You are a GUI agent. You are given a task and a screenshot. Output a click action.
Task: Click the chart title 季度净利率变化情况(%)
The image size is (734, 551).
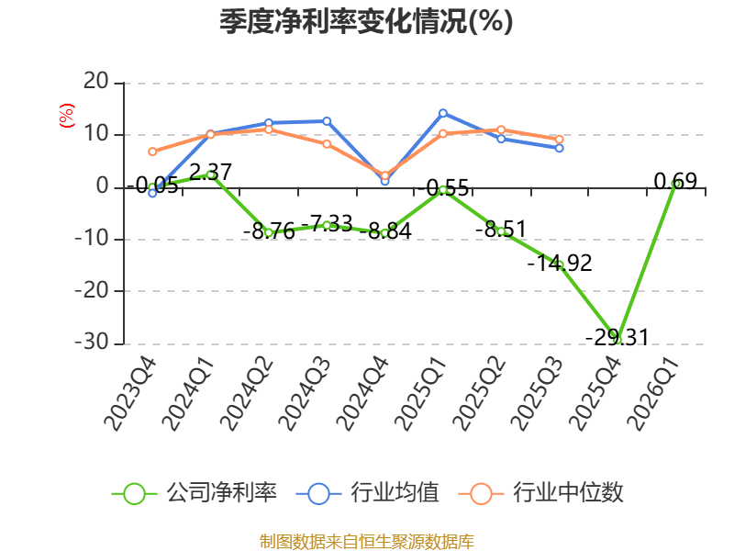coord(366,21)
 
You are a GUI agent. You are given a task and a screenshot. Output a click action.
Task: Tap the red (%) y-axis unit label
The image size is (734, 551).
coord(66,116)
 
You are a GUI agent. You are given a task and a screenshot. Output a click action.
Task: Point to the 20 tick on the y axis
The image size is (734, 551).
coord(96,82)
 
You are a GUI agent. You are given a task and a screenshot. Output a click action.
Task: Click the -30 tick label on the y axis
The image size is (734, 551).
coord(92,342)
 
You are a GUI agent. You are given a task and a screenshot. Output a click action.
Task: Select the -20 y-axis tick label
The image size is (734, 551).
coord(92,290)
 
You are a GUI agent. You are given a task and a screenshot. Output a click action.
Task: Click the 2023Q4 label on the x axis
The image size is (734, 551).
coord(129,394)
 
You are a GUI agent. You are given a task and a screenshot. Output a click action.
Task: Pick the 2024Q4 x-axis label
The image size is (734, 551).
coord(362,394)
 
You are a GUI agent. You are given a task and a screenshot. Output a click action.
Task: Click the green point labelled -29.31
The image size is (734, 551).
coord(617,340)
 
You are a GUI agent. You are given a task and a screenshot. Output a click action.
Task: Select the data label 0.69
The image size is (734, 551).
coord(675,181)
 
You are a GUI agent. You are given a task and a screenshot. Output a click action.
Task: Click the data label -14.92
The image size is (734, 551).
coord(560,263)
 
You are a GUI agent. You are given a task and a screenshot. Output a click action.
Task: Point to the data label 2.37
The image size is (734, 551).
coord(211,172)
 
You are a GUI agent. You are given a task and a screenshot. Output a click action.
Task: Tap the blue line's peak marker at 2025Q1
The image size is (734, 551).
coord(443,113)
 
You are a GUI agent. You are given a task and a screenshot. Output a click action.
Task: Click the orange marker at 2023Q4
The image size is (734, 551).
coord(152,152)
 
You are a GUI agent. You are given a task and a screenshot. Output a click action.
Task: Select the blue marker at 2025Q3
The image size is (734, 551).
coord(560,148)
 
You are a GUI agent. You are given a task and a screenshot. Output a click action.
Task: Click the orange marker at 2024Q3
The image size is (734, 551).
coord(327,144)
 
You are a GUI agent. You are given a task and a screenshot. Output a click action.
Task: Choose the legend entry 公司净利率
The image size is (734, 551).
coord(195,493)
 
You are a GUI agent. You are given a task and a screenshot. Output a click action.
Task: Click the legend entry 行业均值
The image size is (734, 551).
coord(368,493)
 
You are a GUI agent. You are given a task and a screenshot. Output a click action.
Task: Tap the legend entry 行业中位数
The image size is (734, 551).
coord(540,493)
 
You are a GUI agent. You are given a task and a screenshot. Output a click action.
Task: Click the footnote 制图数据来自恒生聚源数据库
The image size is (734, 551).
coord(367,542)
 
